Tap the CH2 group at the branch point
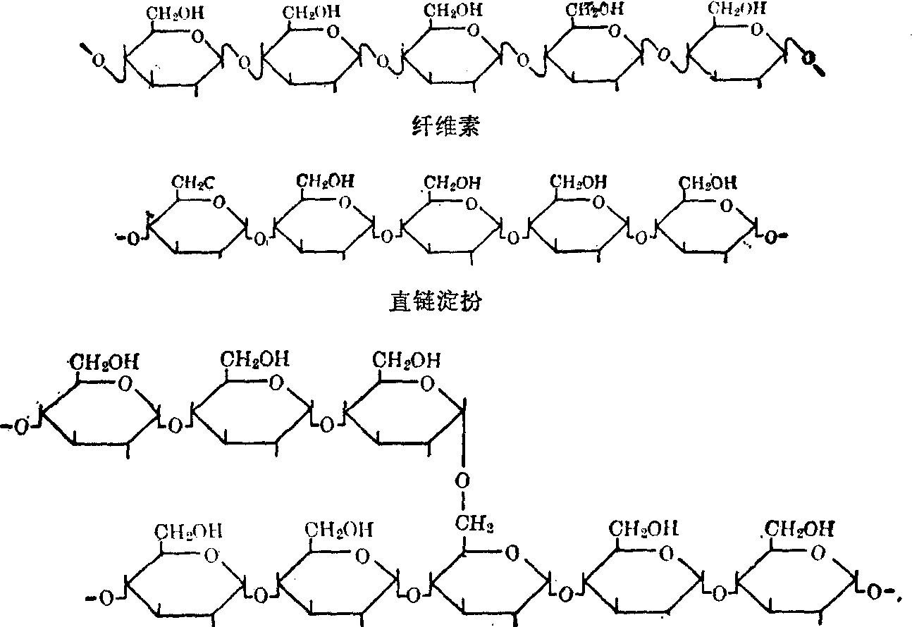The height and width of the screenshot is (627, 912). [471, 523]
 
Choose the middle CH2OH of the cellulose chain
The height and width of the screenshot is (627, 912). [452, 13]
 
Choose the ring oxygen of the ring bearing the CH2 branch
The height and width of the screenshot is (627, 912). [513, 553]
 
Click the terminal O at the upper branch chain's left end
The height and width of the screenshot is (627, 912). [20, 428]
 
